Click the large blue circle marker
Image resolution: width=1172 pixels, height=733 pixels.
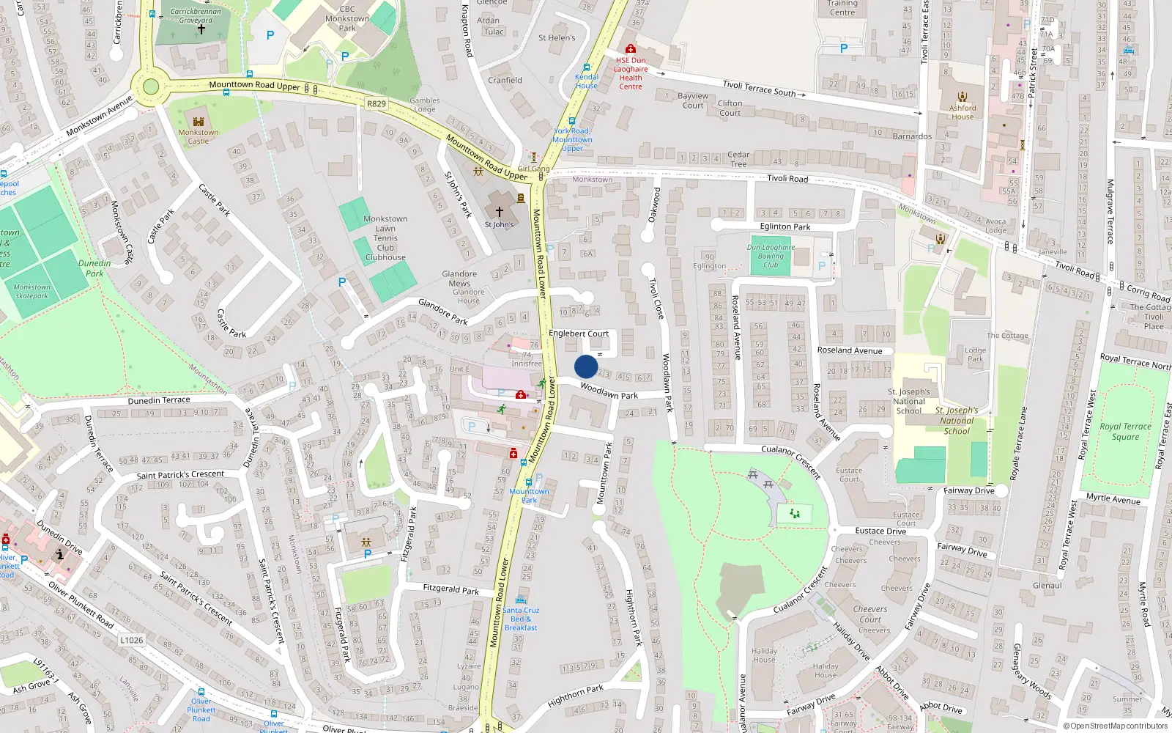586,366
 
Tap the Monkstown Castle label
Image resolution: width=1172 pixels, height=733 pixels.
199,137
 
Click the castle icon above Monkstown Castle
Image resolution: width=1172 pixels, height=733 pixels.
199,121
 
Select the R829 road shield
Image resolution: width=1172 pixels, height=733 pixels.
377,104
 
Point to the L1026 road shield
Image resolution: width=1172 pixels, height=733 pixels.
132,640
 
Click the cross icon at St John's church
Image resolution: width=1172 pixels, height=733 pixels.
500,211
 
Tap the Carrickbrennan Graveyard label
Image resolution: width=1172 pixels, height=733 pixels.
196,16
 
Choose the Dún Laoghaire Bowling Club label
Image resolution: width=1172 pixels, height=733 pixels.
771,256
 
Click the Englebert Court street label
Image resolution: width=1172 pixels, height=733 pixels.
579,334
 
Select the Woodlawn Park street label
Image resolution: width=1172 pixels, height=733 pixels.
609,391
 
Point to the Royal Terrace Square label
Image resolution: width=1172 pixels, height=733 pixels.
1125,432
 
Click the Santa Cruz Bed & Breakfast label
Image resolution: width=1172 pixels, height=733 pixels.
521,619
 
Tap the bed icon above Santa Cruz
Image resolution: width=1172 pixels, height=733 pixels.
521,600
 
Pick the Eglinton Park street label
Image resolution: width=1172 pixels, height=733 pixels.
785,226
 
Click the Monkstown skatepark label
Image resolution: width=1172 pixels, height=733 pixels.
32,292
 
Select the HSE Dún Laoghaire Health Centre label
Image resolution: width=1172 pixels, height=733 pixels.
631,73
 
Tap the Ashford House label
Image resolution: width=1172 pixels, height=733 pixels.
963,112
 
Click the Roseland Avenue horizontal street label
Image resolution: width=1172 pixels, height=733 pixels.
850,350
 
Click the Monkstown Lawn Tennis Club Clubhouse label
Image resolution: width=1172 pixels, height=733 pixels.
385,238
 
